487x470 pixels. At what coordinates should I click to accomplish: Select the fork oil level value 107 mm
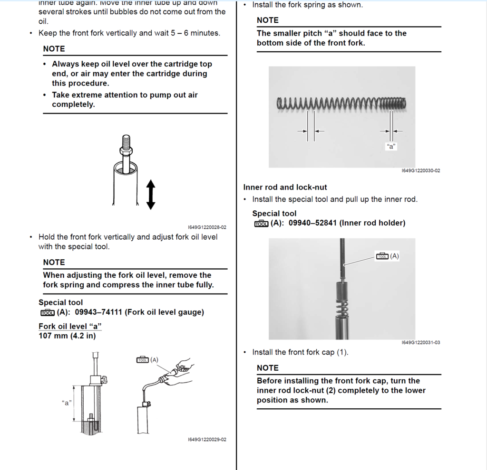[54, 336]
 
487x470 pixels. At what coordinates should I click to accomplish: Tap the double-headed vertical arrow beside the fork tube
[151, 195]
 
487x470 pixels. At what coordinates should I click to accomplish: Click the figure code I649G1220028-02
[207, 227]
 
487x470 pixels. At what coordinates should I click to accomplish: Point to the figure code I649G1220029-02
[207, 440]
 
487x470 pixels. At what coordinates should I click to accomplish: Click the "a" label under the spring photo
[391, 147]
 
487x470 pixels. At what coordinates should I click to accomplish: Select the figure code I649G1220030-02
[420, 171]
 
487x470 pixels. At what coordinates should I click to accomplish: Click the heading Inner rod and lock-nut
[285, 187]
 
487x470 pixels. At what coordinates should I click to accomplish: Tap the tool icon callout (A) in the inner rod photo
[387, 256]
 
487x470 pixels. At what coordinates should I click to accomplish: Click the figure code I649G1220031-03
[420, 342]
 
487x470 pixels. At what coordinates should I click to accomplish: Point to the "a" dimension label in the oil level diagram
[67, 403]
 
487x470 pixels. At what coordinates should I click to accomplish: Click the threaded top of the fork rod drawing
[126, 141]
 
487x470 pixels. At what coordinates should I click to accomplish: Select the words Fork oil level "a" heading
[70, 326]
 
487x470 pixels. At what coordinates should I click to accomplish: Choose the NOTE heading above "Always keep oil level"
[54, 48]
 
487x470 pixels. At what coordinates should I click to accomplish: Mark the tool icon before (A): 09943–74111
[48, 312]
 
